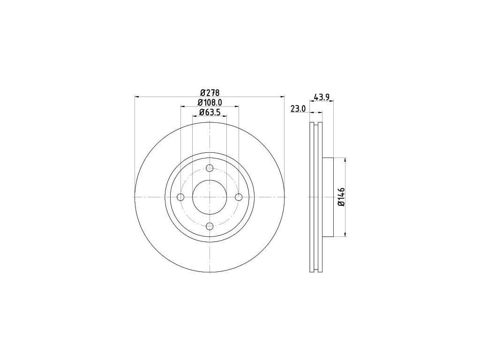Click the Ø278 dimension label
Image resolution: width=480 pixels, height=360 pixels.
coord(210,92)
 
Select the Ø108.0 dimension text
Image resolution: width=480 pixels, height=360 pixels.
coord(210,102)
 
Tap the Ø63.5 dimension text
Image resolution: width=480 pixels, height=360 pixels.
coord(210,112)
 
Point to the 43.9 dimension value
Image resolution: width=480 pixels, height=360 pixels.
coord(322,97)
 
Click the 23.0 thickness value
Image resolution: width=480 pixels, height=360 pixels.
coord(298,109)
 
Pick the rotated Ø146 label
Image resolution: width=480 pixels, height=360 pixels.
coord(341,197)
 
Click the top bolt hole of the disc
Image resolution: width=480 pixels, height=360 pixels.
coord(210,168)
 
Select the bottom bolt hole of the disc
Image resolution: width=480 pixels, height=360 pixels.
coord(210,226)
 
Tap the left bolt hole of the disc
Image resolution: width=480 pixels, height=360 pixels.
coord(180,197)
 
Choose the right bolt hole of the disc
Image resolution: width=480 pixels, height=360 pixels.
coord(239,197)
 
